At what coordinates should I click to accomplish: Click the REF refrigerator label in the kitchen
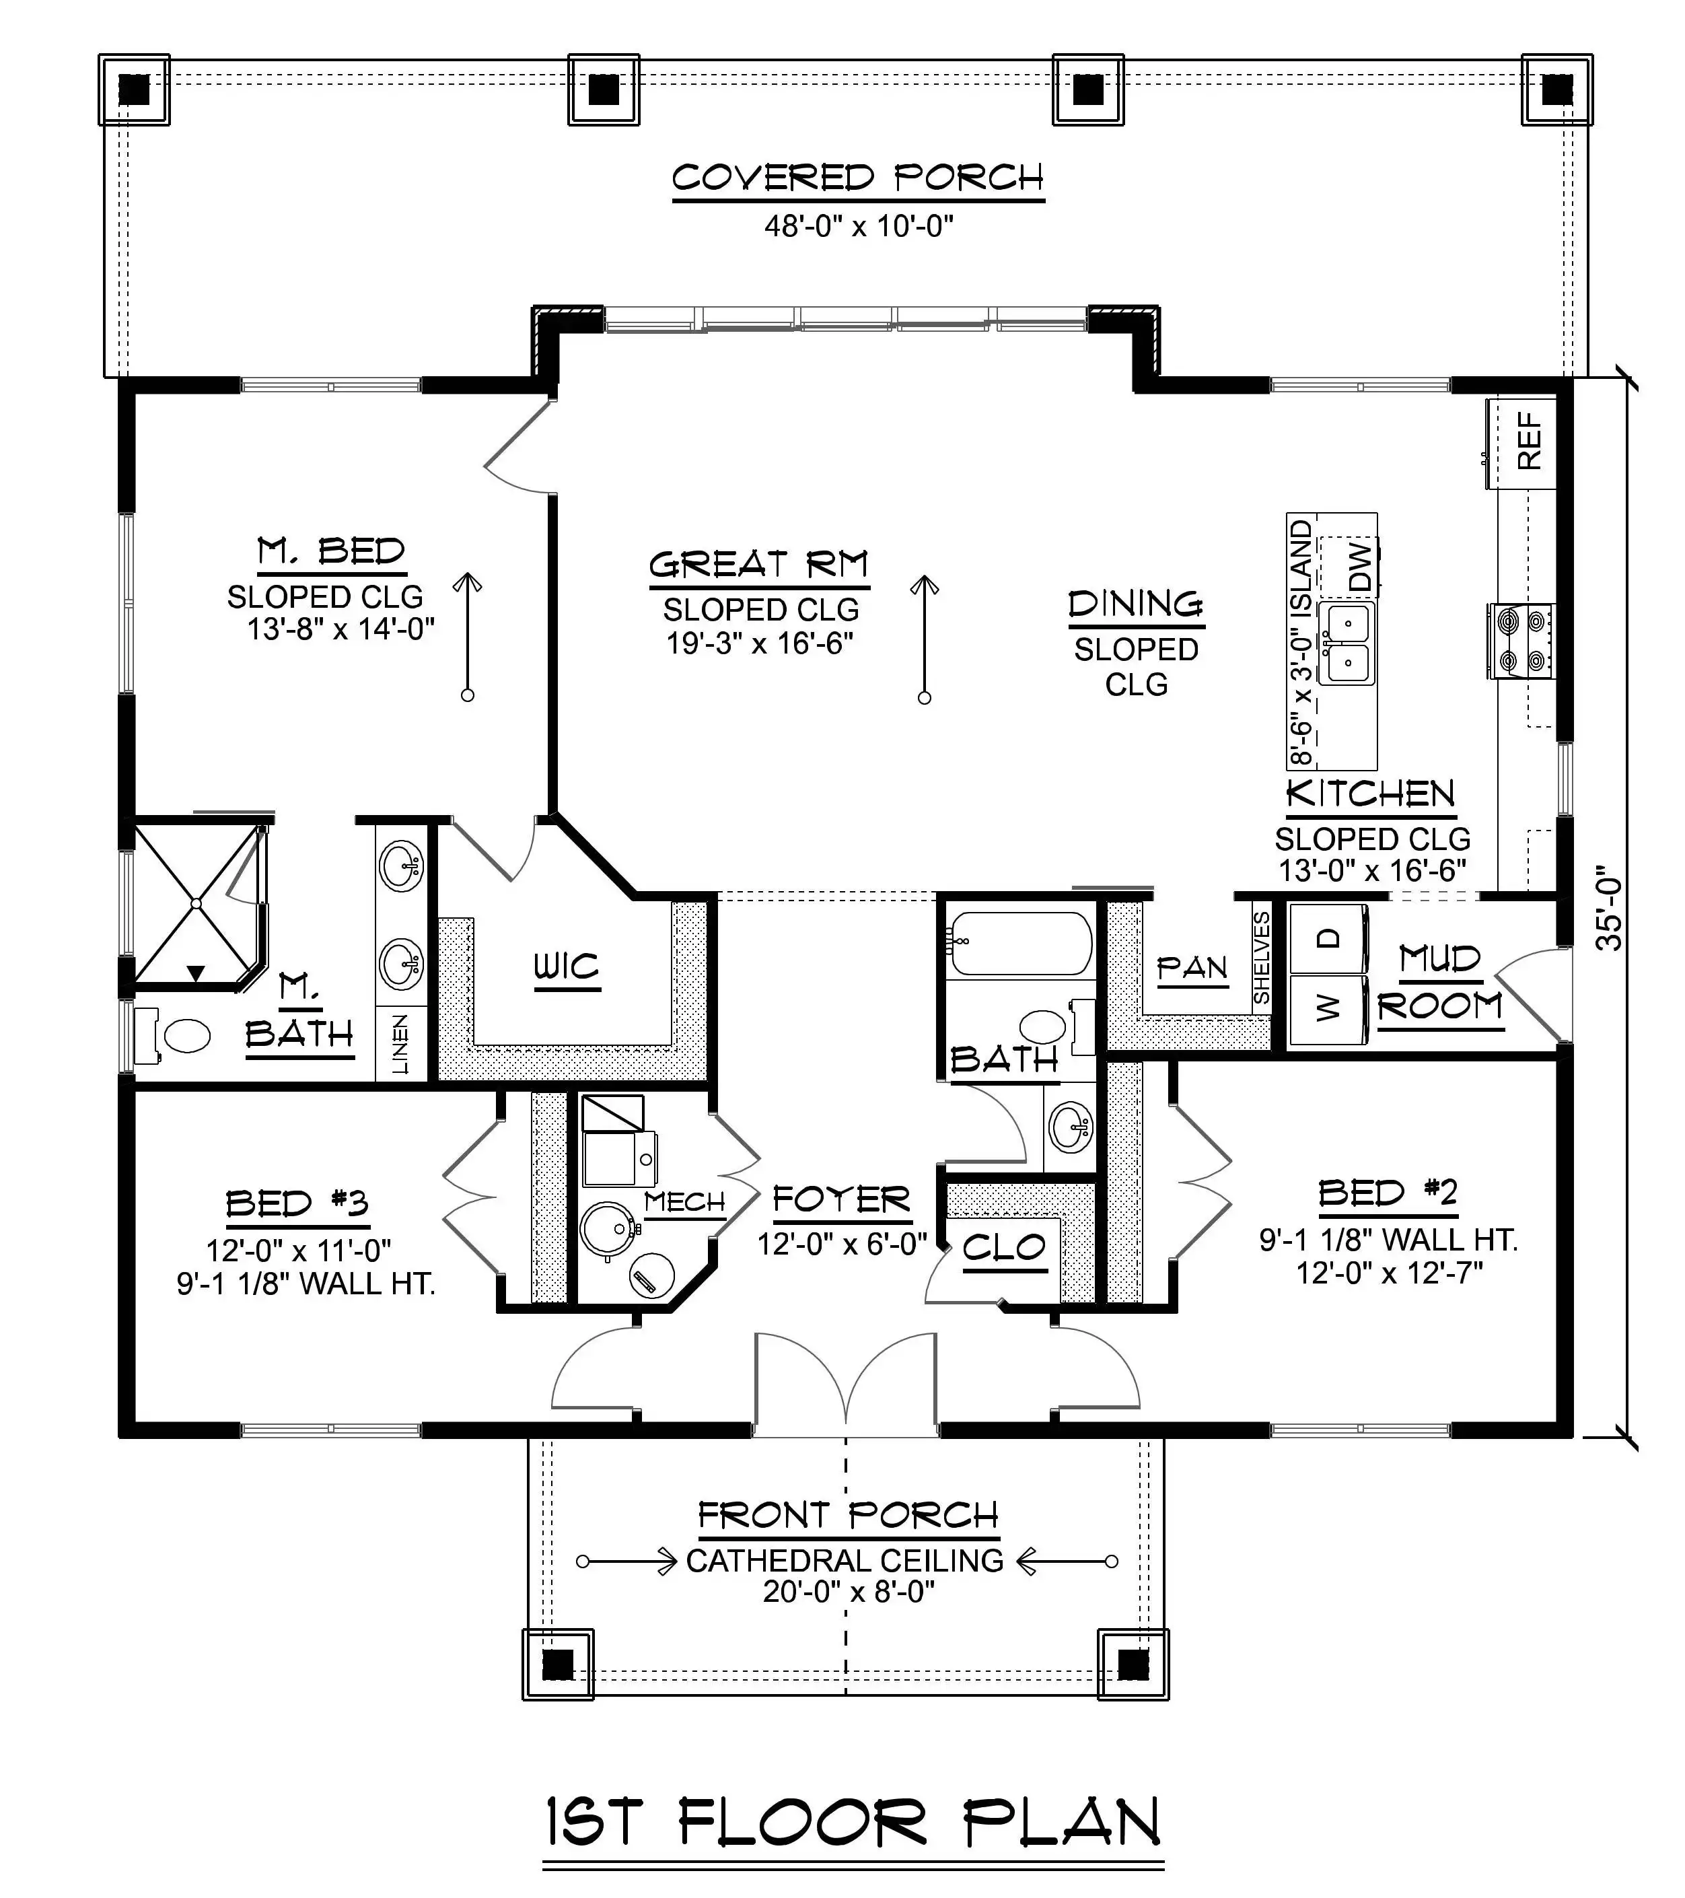click(x=1529, y=440)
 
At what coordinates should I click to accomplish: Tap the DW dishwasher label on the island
click(x=1359, y=567)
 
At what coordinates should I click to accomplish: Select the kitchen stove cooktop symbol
click(x=1521, y=641)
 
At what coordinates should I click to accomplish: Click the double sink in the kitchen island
click(x=1347, y=643)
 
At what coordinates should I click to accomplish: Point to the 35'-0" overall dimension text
click(x=1609, y=908)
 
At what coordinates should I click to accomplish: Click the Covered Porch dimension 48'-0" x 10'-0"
click(x=859, y=225)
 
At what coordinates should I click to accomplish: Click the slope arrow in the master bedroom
click(x=468, y=637)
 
